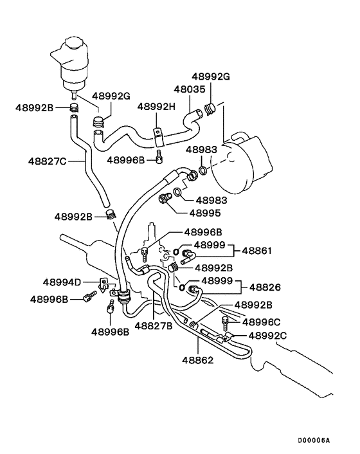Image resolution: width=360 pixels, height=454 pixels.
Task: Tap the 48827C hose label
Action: (x=48, y=161)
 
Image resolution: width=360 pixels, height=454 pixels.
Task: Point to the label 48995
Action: (x=206, y=212)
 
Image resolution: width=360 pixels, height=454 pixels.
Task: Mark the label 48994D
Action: (x=62, y=282)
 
